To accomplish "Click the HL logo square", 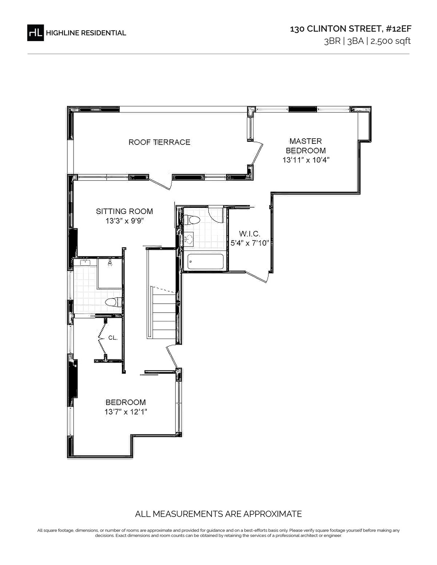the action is pos(35,33).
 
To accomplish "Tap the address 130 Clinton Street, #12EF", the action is pos(351,29).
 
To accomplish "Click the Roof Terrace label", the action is pos(160,142).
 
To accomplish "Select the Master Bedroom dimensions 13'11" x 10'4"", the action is pos(306,160).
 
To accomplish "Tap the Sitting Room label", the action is pos(125,211).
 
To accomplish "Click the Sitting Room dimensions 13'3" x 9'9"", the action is pos(125,221).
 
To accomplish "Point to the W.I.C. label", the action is pos(249,233).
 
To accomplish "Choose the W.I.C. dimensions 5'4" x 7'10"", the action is pos(249,243).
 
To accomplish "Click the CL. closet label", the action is pos(113,338).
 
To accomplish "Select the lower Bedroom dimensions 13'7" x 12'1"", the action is pos(126,412).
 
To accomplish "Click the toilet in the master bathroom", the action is pos(192,220).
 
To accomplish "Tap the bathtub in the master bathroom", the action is pos(205,262).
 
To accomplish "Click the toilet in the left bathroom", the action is pos(114,302).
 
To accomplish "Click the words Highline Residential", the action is pos(86,33).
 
